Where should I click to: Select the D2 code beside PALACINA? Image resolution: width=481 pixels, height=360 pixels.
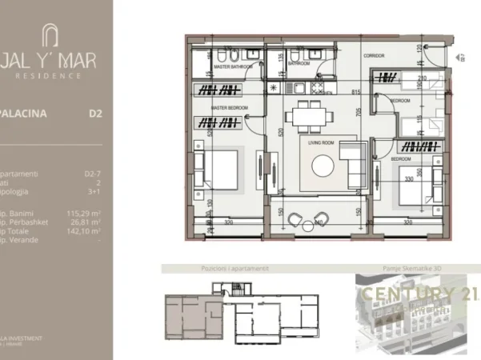[94, 114]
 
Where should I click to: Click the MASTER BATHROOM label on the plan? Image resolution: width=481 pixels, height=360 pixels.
[232, 67]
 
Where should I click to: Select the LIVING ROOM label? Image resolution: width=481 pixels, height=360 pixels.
[317, 142]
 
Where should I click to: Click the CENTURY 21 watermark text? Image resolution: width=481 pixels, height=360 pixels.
[415, 294]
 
